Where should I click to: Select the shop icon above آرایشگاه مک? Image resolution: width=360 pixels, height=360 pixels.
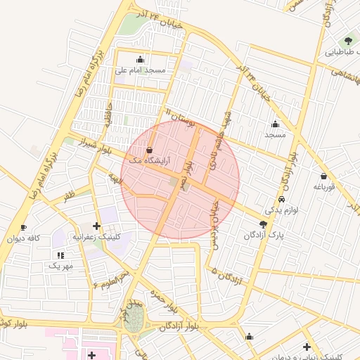pyautogui.click(x=149, y=150)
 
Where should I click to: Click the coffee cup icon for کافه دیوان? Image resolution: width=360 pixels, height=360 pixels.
pyautogui.click(x=23, y=227)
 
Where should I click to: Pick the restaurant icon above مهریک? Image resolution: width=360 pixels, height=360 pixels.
pyautogui.click(x=60, y=255)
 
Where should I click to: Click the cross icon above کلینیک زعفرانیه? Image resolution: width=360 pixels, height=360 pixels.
pyautogui.click(x=96, y=226)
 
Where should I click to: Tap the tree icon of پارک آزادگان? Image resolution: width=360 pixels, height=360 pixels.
pyautogui.click(x=262, y=224)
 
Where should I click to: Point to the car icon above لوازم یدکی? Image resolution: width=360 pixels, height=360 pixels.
pyautogui.click(x=282, y=199)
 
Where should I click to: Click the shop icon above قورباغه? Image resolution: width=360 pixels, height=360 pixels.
pyautogui.click(x=323, y=176)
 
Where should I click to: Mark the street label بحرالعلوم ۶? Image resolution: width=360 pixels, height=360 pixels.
pyautogui.click(x=111, y=279)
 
